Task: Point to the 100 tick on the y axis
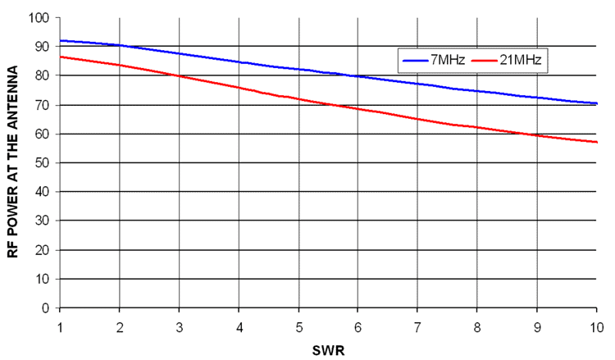click(x=39, y=17)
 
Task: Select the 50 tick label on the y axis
click(x=42, y=162)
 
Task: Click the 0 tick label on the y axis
click(x=45, y=308)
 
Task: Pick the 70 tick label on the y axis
click(x=42, y=105)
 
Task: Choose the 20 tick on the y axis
click(x=42, y=250)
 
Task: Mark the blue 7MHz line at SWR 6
click(x=359, y=76)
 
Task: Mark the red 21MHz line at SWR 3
click(x=180, y=75)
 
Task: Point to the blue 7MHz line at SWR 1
click(x=60, y=40)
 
